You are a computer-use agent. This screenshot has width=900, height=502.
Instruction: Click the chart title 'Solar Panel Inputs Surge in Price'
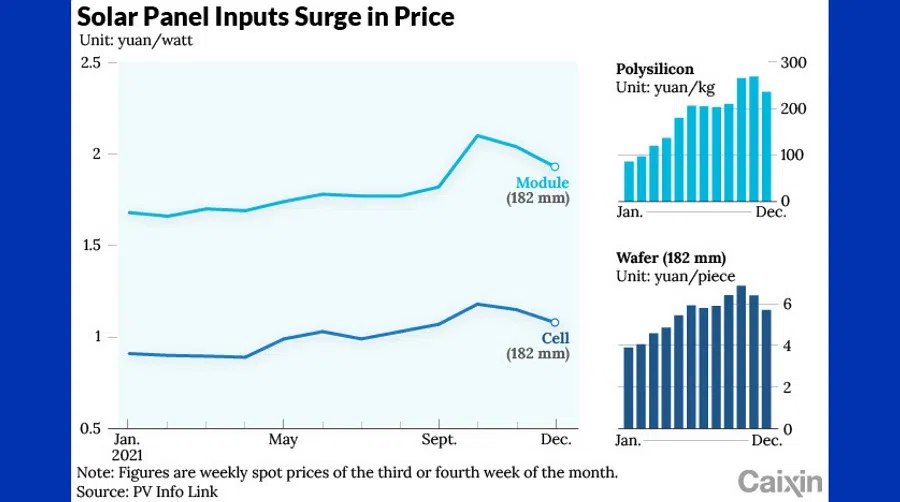coord(266,17)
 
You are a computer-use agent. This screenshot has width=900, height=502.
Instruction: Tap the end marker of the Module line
coord(555,167)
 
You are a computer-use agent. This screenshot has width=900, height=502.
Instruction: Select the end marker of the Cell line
coord(555,322)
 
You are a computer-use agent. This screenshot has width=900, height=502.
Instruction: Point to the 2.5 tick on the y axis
coord(91,63)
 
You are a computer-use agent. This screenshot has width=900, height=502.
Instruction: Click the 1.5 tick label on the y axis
coord(91,245)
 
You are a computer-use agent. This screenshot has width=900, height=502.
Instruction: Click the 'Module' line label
coord(542,183)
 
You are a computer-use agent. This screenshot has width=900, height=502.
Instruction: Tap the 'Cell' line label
coord(555,338)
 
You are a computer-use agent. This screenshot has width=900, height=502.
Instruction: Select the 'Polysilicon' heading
coord(655,70)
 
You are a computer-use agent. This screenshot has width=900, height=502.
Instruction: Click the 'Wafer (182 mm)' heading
coord(670,257)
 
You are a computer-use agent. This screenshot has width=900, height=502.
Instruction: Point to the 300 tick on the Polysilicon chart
coord(793,63)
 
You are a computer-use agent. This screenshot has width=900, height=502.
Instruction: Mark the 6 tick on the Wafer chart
coord(787,304)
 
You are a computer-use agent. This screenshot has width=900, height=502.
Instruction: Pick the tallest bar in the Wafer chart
coord(741,357)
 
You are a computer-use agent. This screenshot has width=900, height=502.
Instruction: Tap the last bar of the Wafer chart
coord(767,369)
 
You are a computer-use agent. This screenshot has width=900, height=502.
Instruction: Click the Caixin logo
coord(781,481)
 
